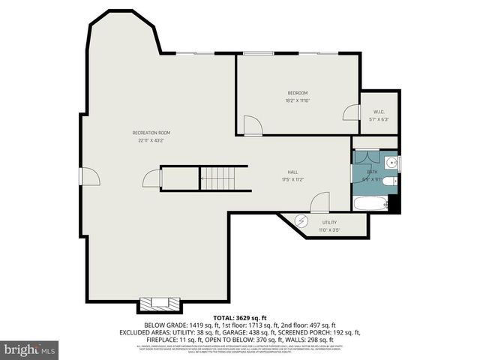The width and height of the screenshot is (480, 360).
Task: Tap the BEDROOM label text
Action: point(298,93)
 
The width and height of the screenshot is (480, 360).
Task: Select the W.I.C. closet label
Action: point(380,112)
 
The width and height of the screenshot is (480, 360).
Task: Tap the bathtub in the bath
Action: point(370,203)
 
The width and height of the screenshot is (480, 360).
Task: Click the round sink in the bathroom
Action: point(391,161)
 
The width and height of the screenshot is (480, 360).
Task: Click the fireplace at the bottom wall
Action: point(157,304)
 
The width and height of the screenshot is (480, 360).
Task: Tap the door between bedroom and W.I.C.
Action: point(350,112)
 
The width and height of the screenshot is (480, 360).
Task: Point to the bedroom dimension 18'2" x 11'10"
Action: point(298,100)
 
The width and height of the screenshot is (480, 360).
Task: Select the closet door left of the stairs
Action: point(152,178)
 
